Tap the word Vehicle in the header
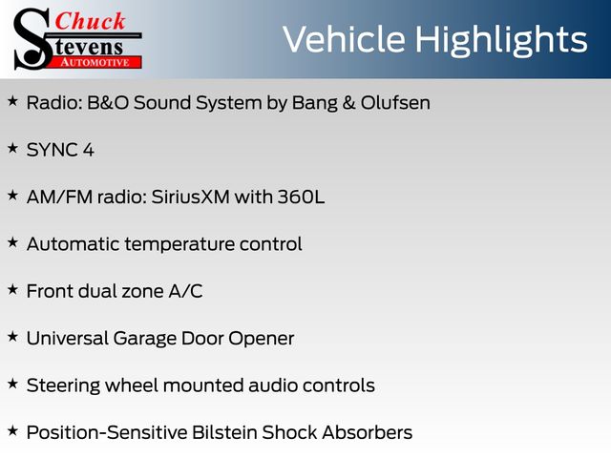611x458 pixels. pos(344,39)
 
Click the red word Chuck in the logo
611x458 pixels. pos(90,21)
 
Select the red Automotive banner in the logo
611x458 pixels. pos(95,62)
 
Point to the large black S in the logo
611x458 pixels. pos(32,40)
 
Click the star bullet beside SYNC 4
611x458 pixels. pos(12,149)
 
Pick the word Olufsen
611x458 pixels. pos(395,103)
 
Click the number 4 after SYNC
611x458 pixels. pos(89,150)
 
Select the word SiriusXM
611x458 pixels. pos(190,197)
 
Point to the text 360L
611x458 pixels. pos(301,197)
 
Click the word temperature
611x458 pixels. pos(179,244)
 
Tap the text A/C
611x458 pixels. pos(185,291)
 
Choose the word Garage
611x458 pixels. pos(144,339)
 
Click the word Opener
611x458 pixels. pos(261,339)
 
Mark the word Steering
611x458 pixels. pos(63,385)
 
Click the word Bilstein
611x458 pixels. pos(224,432)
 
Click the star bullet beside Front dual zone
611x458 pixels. pos(12,290)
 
